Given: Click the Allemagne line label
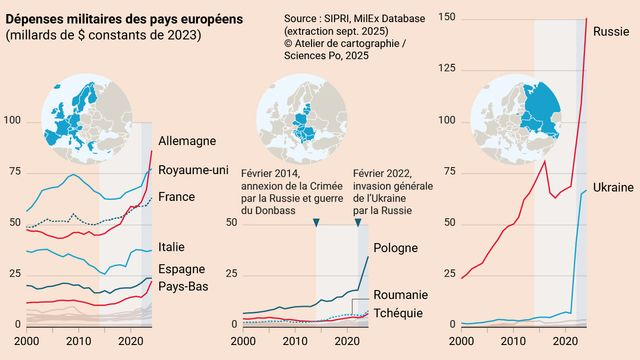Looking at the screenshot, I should pyautogui.click(x=187, y=142).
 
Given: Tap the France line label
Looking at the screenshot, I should pyautogui.click(x=178, y=197).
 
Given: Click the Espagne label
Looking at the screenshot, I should pyautogui.click(x=182, y=270).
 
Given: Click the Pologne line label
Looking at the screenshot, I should pyautogui.click(x=396, y=249).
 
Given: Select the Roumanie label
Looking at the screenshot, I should pyautogui.click(x=401, y=295).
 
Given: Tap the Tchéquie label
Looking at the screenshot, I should pyautogui.click(x=399, y=313).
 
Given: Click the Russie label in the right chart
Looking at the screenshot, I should pyautogui.click(x=611, y=30).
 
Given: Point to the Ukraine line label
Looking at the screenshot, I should pyautogui.click(x=613, y=187).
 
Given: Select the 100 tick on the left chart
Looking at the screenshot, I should pyautogui.click(x=13, y=121).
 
